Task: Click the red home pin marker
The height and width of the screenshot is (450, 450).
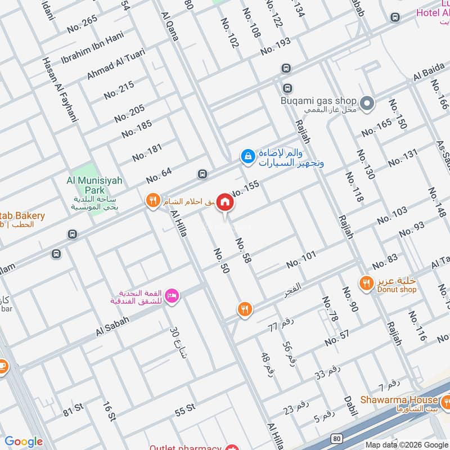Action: point(225,201)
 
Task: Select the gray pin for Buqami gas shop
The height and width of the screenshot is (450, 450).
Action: point(367,103)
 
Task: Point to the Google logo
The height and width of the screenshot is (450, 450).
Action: point(24,442)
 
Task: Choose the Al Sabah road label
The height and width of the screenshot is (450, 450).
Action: point(112,325)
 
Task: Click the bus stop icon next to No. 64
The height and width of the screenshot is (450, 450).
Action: point(201,174)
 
